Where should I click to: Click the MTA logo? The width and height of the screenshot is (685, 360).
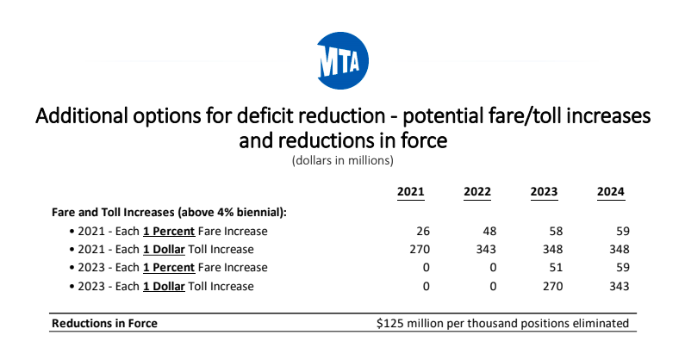point(342,62)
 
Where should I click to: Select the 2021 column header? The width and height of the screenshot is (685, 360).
point(410,191)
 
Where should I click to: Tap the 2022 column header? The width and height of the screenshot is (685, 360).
point(477,191)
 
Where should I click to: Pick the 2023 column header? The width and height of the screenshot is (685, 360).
point(545,191)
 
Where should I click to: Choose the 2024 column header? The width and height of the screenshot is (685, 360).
point(612,191)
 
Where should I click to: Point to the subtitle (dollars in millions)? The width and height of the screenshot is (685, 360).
point(342,160)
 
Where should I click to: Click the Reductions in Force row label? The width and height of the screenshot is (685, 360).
point(105,324)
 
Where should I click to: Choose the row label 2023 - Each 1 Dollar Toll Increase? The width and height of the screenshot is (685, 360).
point(161,285)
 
